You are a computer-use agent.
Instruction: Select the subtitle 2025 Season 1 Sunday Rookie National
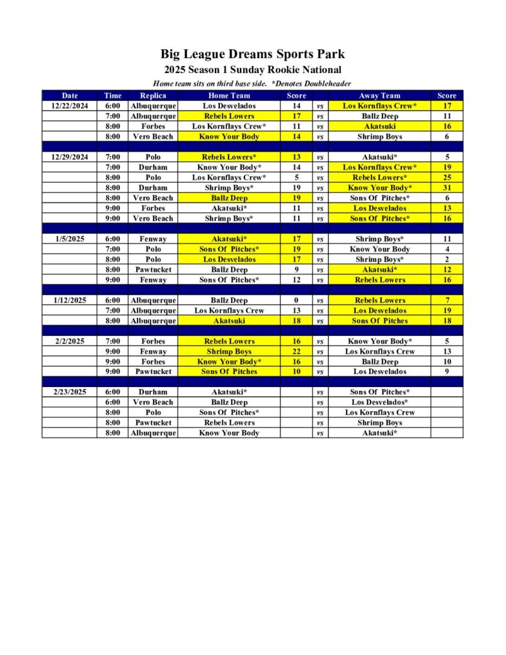(x=252, y=70)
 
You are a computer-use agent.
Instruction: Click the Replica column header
(x=153, y=95)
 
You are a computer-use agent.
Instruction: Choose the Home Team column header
(x=229, y=95)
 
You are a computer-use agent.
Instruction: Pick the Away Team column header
(x=379, y=95)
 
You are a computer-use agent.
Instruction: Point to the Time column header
(x=113, y=95)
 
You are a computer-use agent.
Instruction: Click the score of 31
(x=447, y=187)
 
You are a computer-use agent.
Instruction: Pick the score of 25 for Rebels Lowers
(x=447, y=177)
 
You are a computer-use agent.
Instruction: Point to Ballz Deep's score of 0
(x=296, y=300)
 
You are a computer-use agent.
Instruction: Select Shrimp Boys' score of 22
(x=296, y=351)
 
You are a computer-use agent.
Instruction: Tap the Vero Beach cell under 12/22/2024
(x=153, y=136)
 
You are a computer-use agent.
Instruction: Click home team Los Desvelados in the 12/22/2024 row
(x=229, y=106)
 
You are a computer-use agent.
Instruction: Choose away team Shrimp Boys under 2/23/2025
(x=379, y=423)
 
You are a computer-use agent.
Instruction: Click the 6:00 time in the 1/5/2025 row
(x=113, y=239)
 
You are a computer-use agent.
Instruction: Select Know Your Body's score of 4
(x=447, y=249)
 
